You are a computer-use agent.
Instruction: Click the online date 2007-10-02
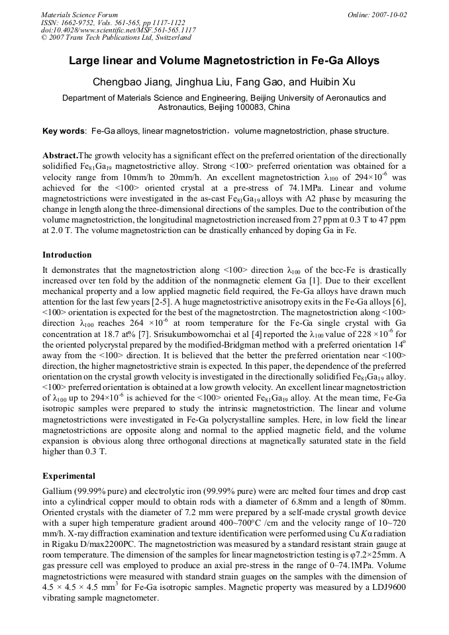click(389, 15)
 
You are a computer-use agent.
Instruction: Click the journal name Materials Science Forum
click(79, 15)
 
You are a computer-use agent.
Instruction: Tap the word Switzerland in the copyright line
click(170, 38)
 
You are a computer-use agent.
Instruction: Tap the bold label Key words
click(64, 131)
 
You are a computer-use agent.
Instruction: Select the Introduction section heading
click(67, 255)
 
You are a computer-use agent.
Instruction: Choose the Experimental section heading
click(68, 476)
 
